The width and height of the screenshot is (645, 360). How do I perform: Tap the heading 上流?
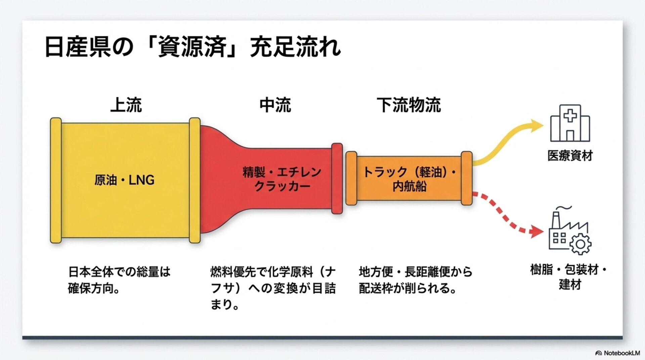(x=126, y=105)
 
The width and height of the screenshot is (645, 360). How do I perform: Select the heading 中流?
(x=275, y=105)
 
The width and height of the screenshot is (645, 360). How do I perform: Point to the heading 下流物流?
(x=408, y=105)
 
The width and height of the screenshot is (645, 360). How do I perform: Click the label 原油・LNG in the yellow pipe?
(x=125, y=180)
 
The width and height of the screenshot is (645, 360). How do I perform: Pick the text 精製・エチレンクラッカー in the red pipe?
(x=282, y=179)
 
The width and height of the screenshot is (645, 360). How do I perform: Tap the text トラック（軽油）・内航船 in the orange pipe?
(x=410, y=179)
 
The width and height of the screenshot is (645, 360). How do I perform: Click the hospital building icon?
(x=570, y=123)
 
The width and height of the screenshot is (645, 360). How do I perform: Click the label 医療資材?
(x=570, y=156)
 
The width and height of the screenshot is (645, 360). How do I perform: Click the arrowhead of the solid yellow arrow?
(x=537, y=125)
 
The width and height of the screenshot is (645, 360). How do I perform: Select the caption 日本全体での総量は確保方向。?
(x=119, y=280)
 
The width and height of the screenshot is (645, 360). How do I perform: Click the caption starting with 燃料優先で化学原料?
(x=273, y=288)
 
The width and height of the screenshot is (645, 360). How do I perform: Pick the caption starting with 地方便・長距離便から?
(x=416, y=280)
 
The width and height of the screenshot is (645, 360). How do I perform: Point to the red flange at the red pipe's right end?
(x=337, y=179)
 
